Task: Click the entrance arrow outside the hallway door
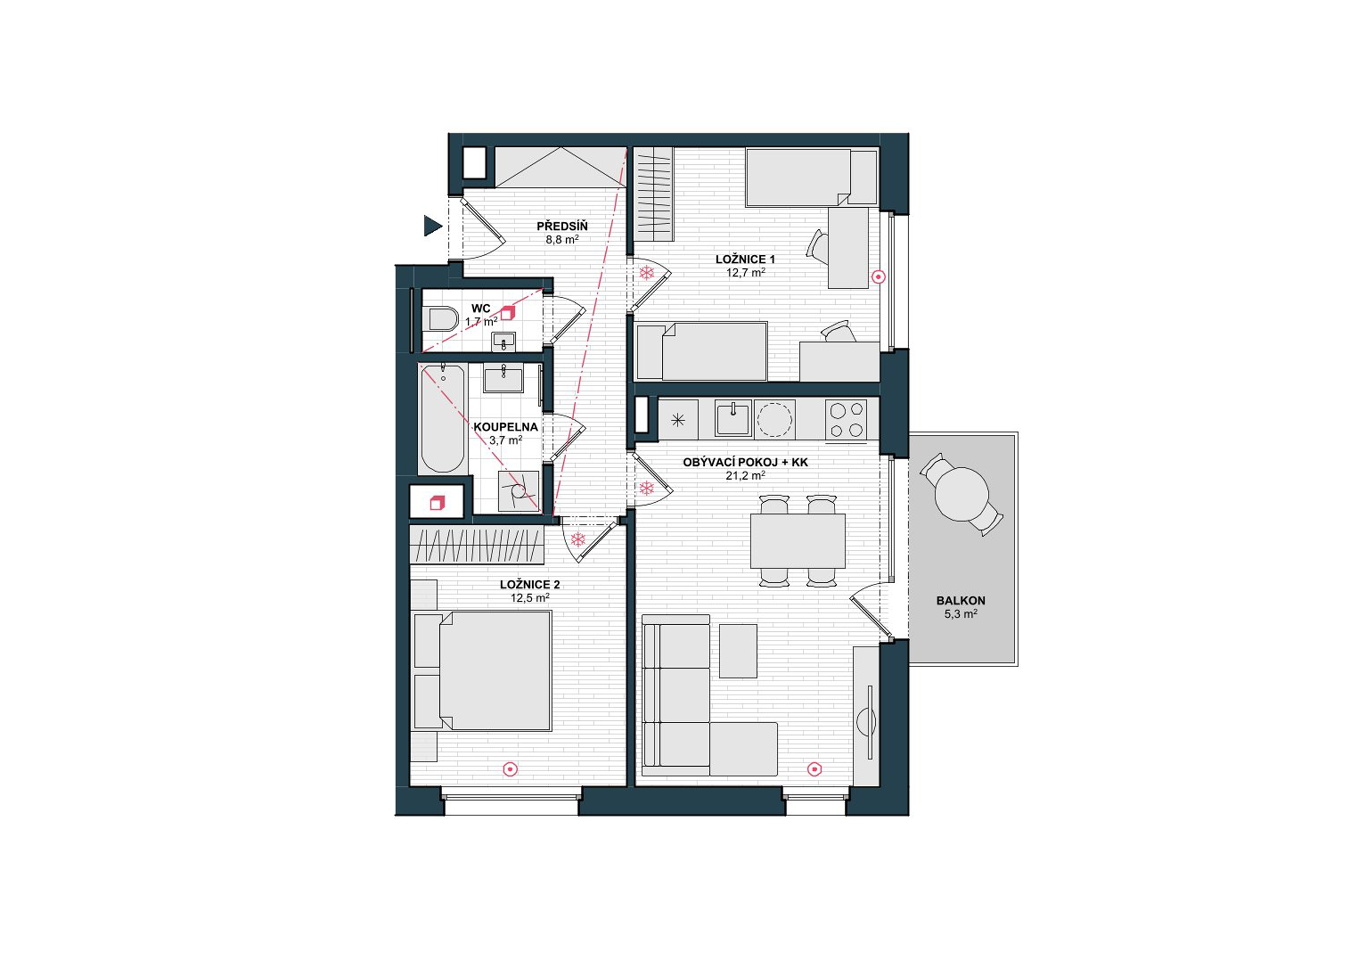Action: [x=432, y=225]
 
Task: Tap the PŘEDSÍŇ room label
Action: [x=562, y=226]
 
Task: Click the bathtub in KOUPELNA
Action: [x=443, y=418]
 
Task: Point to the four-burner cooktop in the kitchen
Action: [x=845, y=419]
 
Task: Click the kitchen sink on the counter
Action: [x=733, y=418]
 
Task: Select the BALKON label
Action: [x=961, y=601]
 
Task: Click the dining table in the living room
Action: [x=797, y=541]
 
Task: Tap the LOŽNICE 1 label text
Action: [x=745, y=259]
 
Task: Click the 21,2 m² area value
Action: [x=745, y=476]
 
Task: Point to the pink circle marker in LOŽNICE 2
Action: [x=511, y=769]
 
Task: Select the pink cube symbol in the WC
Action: [x=507, y=313]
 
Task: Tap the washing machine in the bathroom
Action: [x=519, y=490]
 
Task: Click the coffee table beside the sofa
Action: [x=738, y=651]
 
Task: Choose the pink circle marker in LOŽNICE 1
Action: [x=878, y=276]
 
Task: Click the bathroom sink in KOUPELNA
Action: [x=503, y=378]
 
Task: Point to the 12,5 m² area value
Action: [x=529, y=599]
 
